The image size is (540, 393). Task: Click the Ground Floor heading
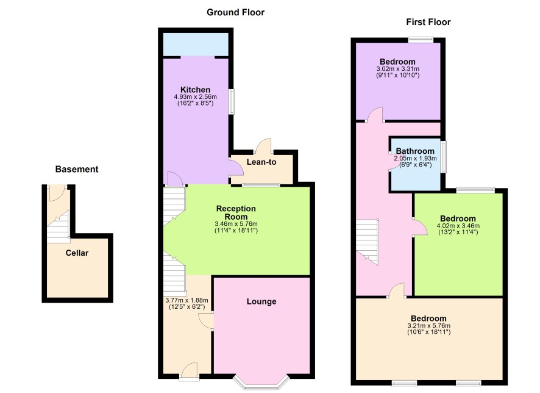[235, 12]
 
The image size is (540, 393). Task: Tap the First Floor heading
[428, 22]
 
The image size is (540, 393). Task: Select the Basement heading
[77, 169]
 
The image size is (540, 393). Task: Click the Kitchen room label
[195, 90]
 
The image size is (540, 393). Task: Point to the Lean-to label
[261, 162]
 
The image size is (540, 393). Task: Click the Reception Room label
[236, 213]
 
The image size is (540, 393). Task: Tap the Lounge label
[261, 301]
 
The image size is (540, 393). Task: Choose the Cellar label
[77, 253]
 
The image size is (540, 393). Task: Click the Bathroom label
[415, 151]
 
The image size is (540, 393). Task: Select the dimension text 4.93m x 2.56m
[195, 97]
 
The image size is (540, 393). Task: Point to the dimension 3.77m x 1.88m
[187, 300]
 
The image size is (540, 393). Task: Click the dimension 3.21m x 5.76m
[428, 326]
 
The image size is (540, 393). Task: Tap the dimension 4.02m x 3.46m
[458, 226]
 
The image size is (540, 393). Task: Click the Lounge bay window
[261, 382]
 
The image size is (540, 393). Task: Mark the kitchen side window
[232, 102]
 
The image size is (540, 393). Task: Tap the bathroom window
[444, 156]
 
